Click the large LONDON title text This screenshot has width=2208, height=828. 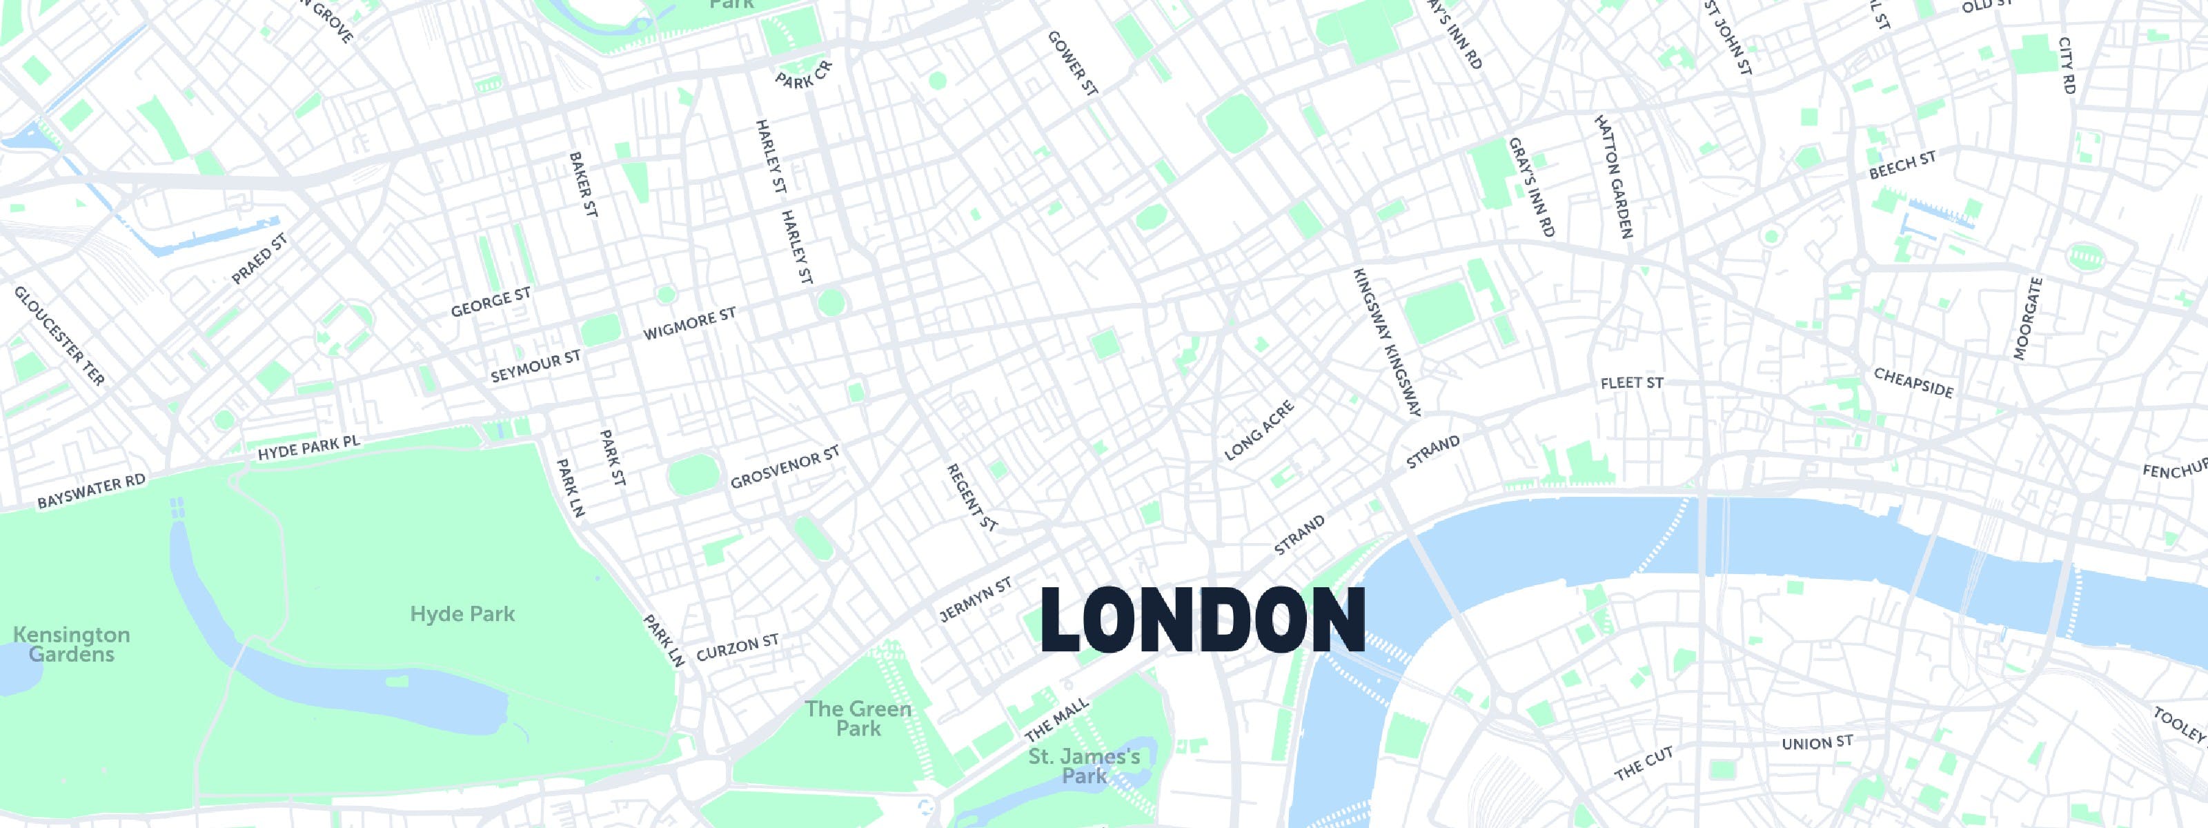[1203, 620]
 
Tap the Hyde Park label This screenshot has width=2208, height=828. [462, 613]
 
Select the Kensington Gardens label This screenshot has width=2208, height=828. [71, 644]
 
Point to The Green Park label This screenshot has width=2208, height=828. [858, 718]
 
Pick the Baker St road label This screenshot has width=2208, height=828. [583, 184]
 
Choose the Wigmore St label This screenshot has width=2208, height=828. [689, 324]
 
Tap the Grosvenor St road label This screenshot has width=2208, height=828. [785, 468]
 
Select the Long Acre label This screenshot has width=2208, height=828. [1259, 431]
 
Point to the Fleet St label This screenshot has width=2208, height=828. [1631, 383]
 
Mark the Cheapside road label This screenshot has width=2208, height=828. [1913, 383]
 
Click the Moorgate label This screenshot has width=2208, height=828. [2028, 318]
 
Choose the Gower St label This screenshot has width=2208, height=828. [1072, 63]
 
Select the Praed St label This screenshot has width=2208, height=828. [259, 259]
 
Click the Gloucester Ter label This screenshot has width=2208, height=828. [59, 336]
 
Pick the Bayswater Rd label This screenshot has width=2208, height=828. [91, 491]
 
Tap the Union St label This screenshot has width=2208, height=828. [1817, 742]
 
